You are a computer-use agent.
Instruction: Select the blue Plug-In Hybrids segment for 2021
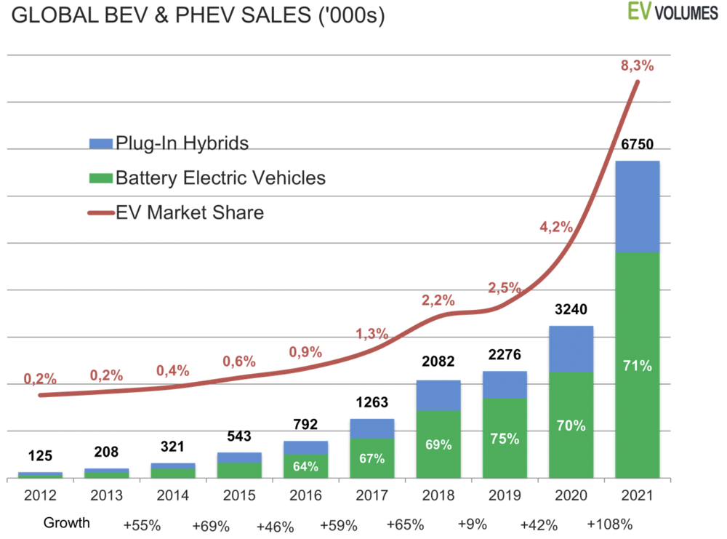(638, 207)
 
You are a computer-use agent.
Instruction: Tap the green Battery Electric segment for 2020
(571, 425)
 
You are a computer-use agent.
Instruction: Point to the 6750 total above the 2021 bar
(638, 145)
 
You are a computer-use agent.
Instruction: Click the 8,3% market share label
(638, 65)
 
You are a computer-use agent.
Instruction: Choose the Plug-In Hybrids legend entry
(182, 143)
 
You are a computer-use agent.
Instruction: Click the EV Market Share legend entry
(189, 213)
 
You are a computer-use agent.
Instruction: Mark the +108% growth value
(610, 523)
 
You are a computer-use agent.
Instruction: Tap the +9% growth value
(473, 523)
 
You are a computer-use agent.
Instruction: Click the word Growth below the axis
(67, 523)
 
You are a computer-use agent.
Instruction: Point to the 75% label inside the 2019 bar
(505, 439)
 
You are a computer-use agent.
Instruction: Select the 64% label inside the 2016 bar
(306, 466)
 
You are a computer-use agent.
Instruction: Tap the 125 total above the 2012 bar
(40, 457)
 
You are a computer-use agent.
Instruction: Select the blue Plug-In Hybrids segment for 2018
(438, 395)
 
